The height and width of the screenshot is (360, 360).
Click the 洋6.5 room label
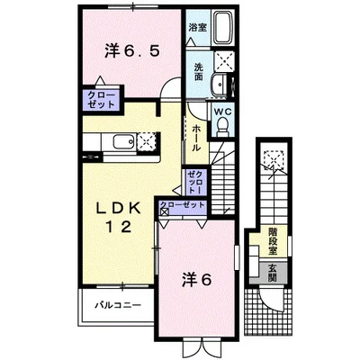tap(131, 51)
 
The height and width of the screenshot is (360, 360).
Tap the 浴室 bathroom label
tap(197, 28)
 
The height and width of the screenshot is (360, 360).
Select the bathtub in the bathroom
tap(223, 27)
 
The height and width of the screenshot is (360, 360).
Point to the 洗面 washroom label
tap(198, 72)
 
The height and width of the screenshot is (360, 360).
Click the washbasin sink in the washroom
tap(219, 84)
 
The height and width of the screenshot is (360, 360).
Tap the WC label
tap(223, 112)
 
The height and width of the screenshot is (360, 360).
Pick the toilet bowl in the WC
tap(222, 126)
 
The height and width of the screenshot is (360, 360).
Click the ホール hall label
tap(196, 139)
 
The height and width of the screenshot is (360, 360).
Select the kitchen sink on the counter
tap(123, 141)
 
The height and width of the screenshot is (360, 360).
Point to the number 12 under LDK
tap(118, 227)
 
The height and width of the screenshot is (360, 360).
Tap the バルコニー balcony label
tap(118, 306)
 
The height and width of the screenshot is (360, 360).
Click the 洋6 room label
tap(197, 280)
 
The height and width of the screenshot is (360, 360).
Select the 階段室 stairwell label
tap(273, 241)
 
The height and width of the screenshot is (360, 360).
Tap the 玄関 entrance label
tap(272, 273)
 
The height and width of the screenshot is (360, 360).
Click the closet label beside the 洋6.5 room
tap(101, 100)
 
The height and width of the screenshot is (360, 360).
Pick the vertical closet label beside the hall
tap(193, 182)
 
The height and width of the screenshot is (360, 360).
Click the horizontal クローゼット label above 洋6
tap(183, 205)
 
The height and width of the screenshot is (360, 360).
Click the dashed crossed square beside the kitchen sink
tap(147, 141)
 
